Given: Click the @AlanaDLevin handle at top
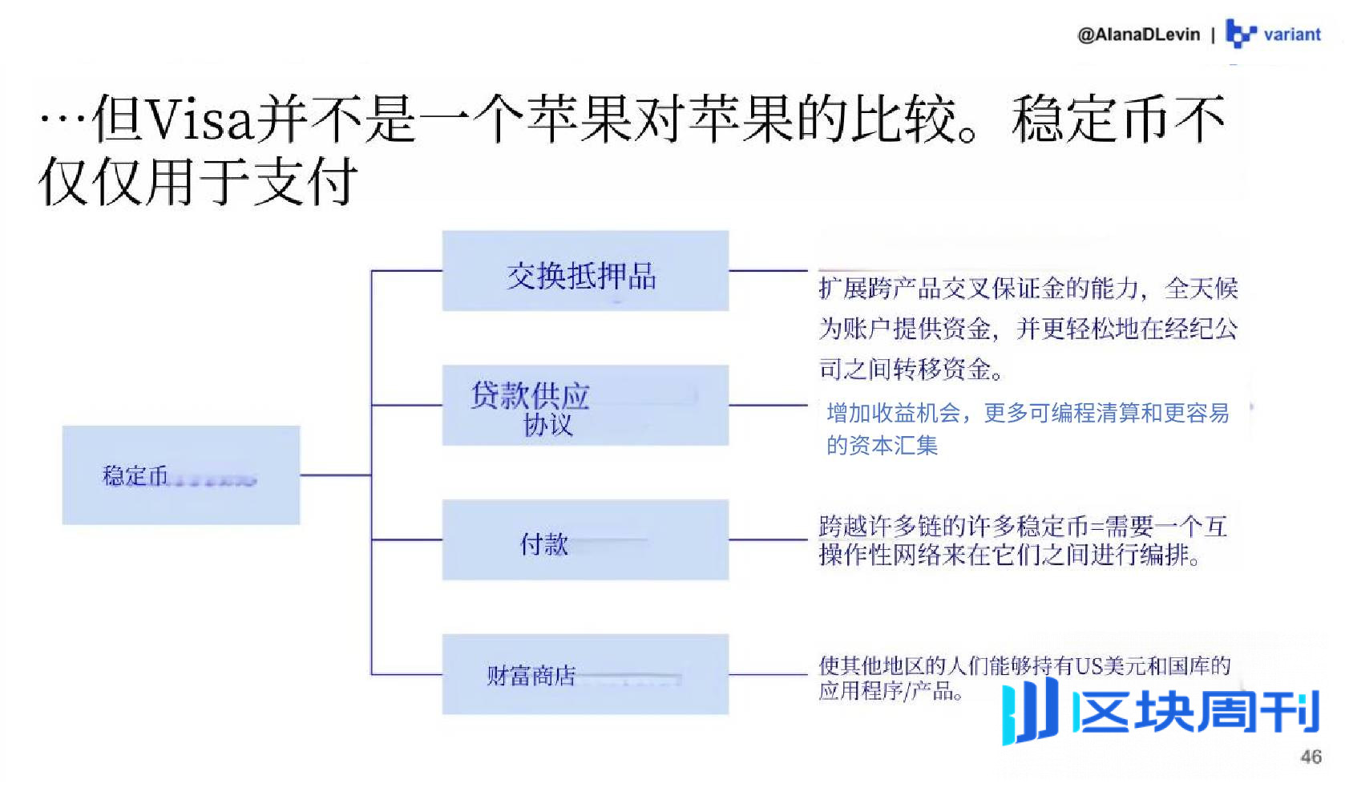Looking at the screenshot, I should point(1138,34).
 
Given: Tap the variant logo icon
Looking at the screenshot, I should point(1239,34).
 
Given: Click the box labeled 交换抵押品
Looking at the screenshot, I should point(585,271).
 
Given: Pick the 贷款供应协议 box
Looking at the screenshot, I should point(585,406).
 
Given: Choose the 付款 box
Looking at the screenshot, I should point(585,540).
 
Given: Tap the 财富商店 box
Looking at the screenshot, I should point(585,674).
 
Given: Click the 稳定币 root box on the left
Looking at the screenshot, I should point(181,475).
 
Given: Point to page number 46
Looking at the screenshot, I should point(1311,757).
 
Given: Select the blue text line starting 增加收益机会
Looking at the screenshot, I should point(1028,414).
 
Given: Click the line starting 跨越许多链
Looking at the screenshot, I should point(1023,527).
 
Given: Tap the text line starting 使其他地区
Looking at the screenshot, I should point(1024,665).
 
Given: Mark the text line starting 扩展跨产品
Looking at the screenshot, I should point(1028,289).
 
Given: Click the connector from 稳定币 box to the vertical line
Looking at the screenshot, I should point(335,475).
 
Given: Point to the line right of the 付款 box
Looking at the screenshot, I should point(768,540).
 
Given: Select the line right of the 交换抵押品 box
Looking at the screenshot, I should point(768,271).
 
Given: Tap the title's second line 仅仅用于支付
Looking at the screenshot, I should point(198,181).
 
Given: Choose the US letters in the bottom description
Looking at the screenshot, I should point(1089,665).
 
